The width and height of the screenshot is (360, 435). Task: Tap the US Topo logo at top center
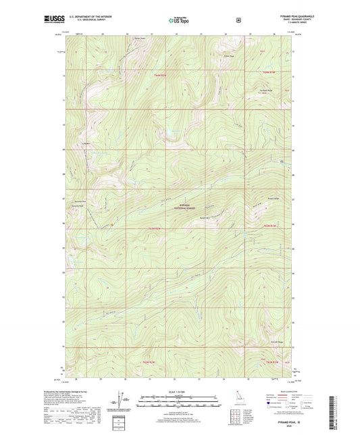pyautogui.click(x=179, y=20)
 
